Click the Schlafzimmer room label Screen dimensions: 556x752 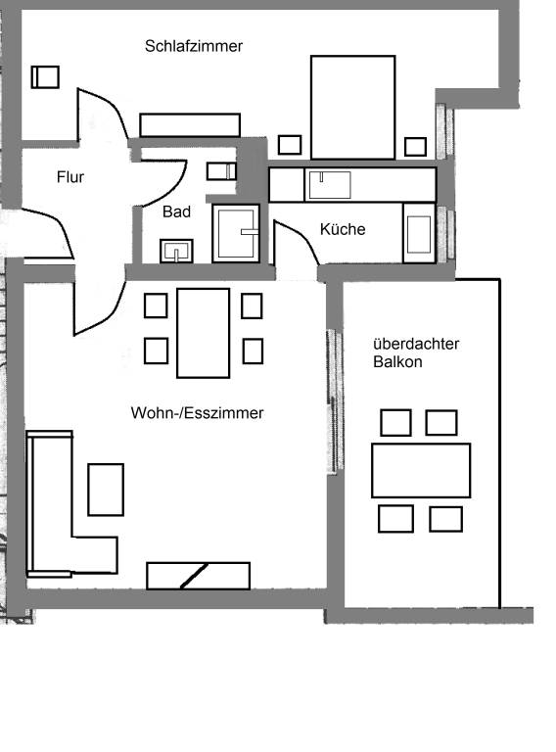193,46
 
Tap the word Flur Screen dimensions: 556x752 69,177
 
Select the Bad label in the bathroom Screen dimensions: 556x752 176,211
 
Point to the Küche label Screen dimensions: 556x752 343,229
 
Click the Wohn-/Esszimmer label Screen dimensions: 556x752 197,413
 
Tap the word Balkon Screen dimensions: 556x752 397,361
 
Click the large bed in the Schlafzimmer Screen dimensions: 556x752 352,108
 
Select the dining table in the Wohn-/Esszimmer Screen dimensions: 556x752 204,333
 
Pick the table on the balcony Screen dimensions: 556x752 421,470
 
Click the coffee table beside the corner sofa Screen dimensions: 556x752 106,490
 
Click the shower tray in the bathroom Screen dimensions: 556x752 236,234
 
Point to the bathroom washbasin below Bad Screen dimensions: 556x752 176,251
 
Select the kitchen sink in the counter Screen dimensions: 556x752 329,185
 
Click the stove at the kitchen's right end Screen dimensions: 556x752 419,233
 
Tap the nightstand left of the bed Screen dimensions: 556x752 290,145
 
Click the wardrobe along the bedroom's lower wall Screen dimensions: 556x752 190,124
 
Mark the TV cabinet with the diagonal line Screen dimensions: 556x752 198,576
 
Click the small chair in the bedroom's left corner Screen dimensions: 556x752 45,76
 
